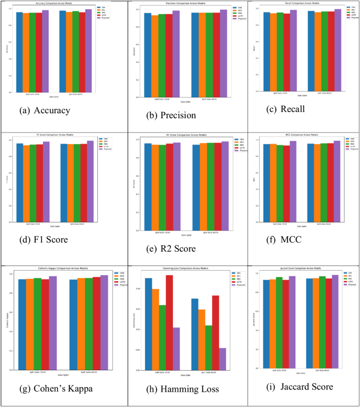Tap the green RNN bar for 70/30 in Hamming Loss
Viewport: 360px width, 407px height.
point(162,337)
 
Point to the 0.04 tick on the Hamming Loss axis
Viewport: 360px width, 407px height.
point(139,289)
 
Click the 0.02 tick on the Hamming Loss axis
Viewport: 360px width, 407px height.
point(139,329)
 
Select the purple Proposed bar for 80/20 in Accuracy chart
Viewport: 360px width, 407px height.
point(88,50)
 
